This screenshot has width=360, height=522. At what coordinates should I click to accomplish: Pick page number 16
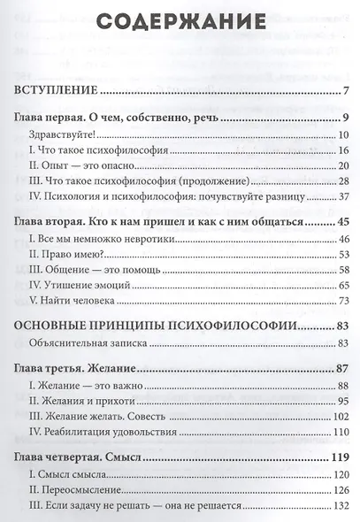coord(346,152)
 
